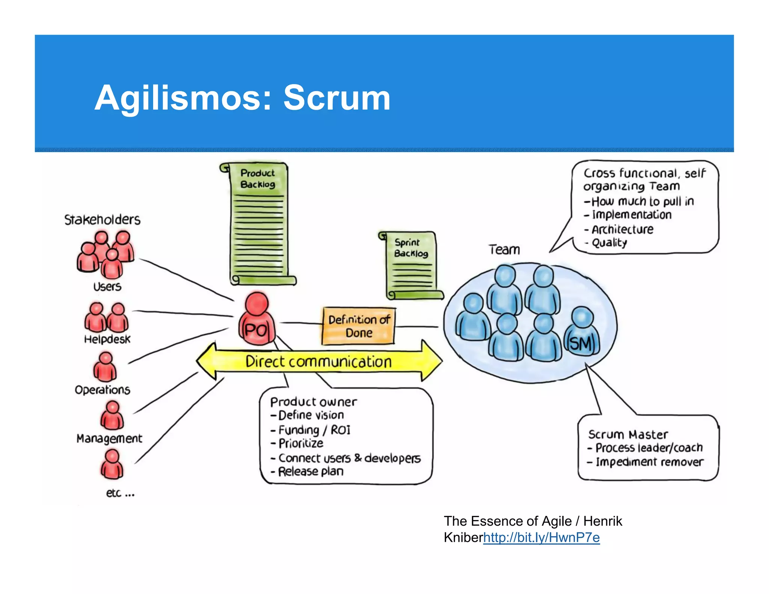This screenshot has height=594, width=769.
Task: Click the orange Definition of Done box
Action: coord(359,326)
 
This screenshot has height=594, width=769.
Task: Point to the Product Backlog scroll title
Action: coord(258,179)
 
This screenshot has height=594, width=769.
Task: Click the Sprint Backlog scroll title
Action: coord(410,248)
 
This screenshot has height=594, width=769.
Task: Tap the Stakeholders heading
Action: coord(102,220)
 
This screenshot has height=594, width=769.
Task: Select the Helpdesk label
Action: coord(107,339)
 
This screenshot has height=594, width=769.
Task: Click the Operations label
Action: coord(103,390)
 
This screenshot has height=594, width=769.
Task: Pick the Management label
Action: coord(109,439)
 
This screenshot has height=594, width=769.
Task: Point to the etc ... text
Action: coord(120,493)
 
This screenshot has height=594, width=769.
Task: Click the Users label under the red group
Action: coord(107,287)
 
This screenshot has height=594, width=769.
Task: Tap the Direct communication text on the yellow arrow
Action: coord(318,362)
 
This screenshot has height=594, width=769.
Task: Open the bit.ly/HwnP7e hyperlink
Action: coord(541,538)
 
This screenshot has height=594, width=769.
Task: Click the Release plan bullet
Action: coord(311,472)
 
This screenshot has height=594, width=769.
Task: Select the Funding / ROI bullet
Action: coord(314,430)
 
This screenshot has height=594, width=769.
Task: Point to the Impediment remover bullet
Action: coord(649,462)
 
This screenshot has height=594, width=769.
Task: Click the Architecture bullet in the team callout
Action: coord(622,229)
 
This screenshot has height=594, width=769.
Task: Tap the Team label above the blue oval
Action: coord(504,250)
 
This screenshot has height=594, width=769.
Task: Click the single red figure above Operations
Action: coord(105,367)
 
